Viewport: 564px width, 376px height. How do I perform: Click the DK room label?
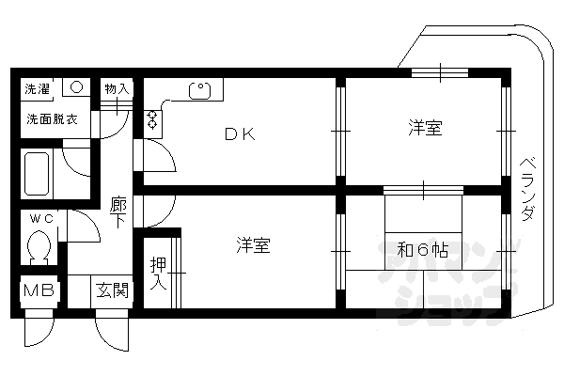(240, 133)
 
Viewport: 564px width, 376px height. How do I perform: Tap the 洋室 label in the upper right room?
(425, 128)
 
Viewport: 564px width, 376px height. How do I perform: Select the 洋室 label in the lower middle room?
(253, 245)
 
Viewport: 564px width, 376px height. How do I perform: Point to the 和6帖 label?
(423, 249)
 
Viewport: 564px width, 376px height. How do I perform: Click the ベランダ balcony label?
(527, 189)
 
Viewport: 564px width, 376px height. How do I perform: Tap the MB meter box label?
(39, 290)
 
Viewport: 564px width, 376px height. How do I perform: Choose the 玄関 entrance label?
(112, 290)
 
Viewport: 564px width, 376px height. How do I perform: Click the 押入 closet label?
(158, 274)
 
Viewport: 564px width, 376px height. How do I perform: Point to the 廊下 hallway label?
(118, 212)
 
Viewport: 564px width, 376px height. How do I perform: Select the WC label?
(41, 218)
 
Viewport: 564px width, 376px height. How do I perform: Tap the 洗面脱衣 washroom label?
(52, 118)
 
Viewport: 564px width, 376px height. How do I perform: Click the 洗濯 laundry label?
(37, 88)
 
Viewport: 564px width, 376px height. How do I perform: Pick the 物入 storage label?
(117, 88)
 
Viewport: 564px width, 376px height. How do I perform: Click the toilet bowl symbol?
(39, 246)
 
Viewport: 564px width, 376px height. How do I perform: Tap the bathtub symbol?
(37, 174)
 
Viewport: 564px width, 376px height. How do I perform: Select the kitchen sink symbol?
(199, 90)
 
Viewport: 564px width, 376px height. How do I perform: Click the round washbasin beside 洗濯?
(77, 87)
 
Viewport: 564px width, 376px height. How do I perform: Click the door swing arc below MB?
(39, 332)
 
